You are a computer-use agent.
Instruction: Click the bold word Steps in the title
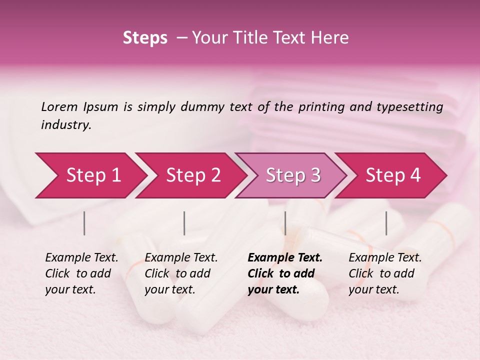(145, 38)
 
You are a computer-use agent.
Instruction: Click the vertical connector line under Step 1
(84, 223)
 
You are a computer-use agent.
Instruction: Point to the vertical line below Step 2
(184, 223)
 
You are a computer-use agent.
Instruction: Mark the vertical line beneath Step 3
(285, 223)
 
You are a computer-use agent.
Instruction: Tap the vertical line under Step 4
(386, 223)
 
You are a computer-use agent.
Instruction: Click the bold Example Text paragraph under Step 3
(285, 273)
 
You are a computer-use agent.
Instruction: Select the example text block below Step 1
(81, 273)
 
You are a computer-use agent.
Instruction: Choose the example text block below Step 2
(181, 273)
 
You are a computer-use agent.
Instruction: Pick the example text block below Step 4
(385, 273)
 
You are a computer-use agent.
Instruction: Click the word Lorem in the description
(59, 106)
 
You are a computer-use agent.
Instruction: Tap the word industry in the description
(66, 125)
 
